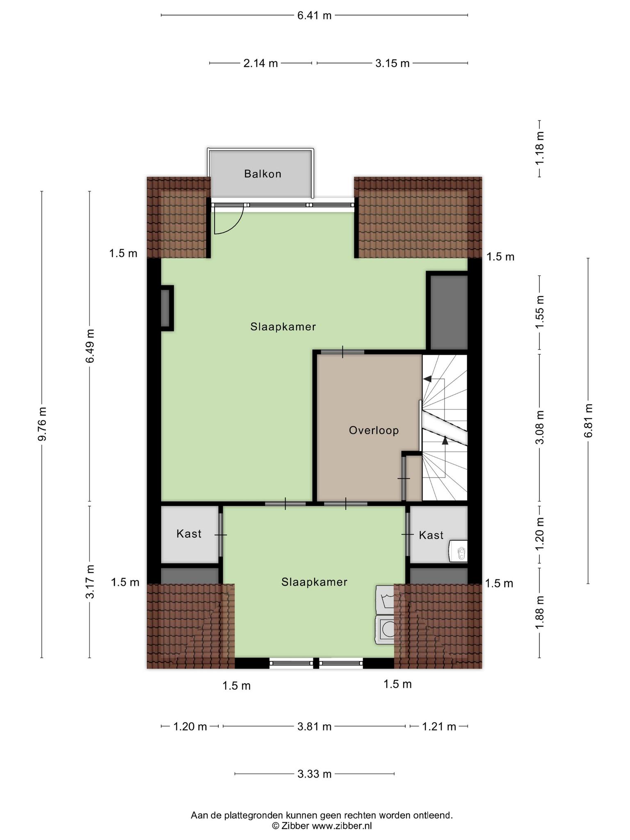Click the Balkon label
coord(262,174)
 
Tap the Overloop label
coord(374,430)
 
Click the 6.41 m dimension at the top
coord(314,16)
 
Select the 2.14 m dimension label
coord(260,63)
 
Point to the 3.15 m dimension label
coord(393,63)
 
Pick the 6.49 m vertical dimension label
coord(90,346)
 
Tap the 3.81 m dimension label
coord(314,727)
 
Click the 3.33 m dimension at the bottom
coord(314,774)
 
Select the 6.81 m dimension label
coord(589,421)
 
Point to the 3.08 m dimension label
coord(540,427)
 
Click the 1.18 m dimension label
coord(540,148)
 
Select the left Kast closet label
coord(189,534)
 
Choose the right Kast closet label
coord(431,535)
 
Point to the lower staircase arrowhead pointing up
coord(445,440)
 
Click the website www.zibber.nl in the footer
coord(342,826)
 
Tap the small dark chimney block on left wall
coord(167,308)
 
